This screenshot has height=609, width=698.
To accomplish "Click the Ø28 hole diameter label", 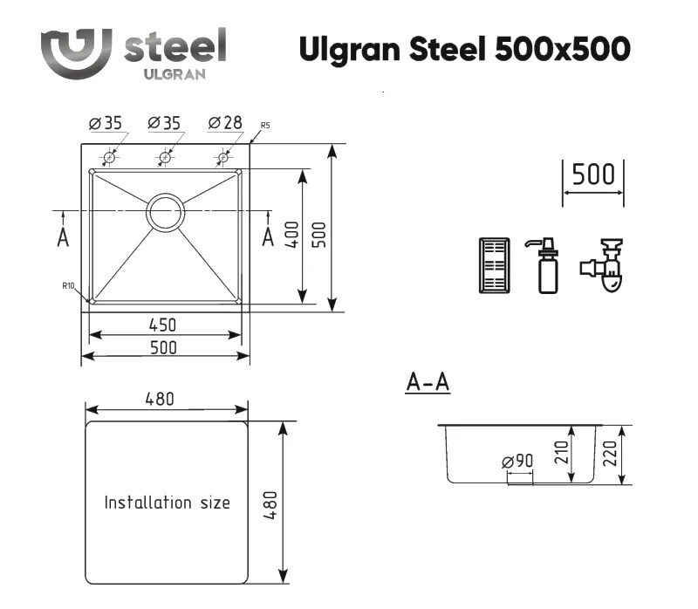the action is coord(225,122).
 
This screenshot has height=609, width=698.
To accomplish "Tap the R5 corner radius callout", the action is coord(265,126).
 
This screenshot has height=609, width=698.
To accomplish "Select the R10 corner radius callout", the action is coord(68,286).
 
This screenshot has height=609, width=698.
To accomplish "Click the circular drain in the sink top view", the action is coord(165,212).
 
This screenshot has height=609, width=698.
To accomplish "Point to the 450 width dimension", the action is coord(162,325).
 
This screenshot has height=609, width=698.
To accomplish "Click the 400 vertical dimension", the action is coord(291,235).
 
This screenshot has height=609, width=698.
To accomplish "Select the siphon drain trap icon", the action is coord(603,265).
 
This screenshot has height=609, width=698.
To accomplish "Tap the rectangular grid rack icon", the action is coord(494,266).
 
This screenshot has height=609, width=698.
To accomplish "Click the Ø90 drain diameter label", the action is coord(517,462).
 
